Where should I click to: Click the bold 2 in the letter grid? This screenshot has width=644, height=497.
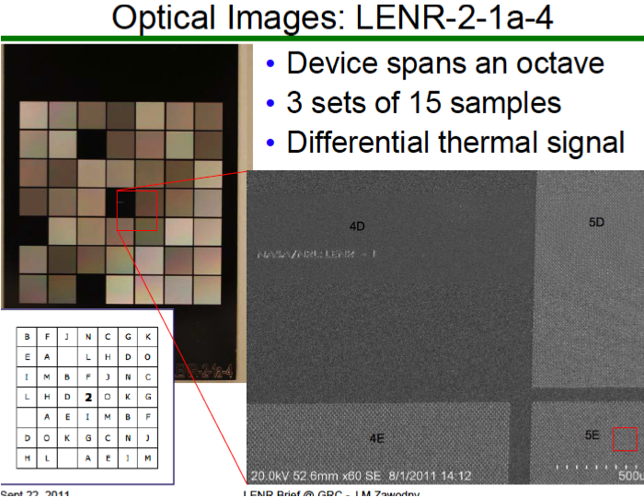[87, 398]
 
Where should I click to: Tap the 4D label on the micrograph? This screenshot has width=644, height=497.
[358, 225]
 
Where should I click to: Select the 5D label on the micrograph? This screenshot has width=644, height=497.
[597, 222]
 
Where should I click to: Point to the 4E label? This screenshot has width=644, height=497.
[376, 439]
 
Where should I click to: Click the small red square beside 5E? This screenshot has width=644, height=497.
[625, 439]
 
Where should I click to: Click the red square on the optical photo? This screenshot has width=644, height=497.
[137, 211]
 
